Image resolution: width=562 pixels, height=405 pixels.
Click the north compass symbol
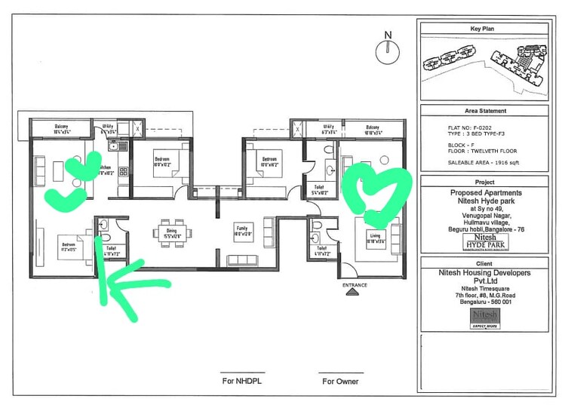coord(387,51)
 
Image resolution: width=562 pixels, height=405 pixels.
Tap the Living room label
coord(376,241)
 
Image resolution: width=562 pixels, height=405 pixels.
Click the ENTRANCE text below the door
coord(355,285)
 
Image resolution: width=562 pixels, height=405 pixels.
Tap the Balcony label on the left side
coord(62,128)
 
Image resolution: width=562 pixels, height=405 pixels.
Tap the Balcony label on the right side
coord(373,129)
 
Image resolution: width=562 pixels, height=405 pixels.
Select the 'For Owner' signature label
coord(341,381)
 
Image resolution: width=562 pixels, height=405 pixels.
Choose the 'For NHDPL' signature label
coord(243,381)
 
